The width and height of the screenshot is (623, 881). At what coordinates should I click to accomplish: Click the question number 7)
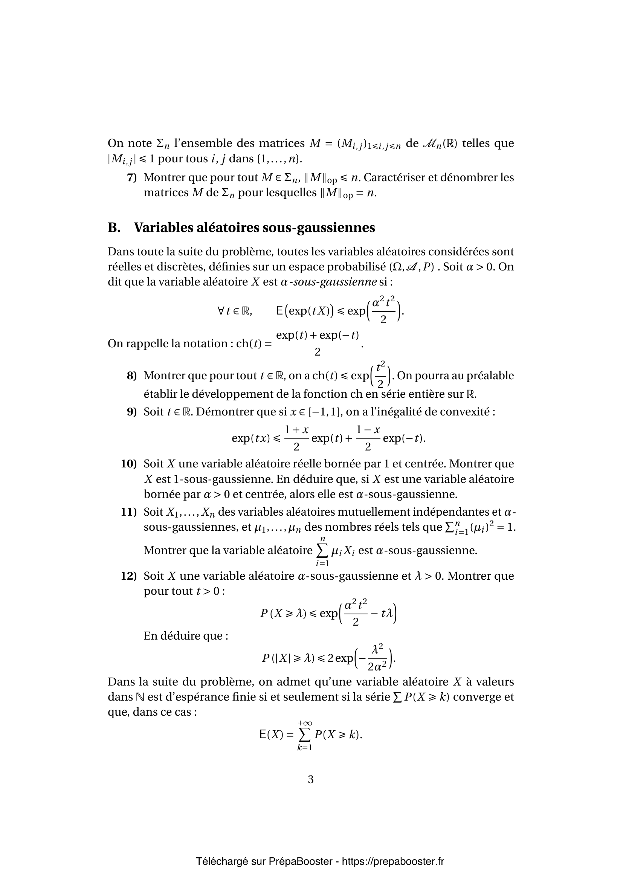[131, 178]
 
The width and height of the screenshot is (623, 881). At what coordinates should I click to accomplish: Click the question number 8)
[131, 376]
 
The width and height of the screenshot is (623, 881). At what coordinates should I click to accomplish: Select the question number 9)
[131, 412]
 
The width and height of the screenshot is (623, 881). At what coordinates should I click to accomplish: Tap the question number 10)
[129, 464]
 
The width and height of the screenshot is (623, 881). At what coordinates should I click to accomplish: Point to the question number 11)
[129, 512]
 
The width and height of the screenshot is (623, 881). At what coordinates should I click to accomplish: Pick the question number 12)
[129, 576]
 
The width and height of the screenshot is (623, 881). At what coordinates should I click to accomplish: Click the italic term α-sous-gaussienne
[328, 282]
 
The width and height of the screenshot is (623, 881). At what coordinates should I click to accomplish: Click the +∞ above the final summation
[305, 723]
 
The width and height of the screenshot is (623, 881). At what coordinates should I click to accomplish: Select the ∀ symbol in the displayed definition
[221, 311]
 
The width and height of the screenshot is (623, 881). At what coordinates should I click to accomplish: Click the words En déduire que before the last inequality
[186, 636]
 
